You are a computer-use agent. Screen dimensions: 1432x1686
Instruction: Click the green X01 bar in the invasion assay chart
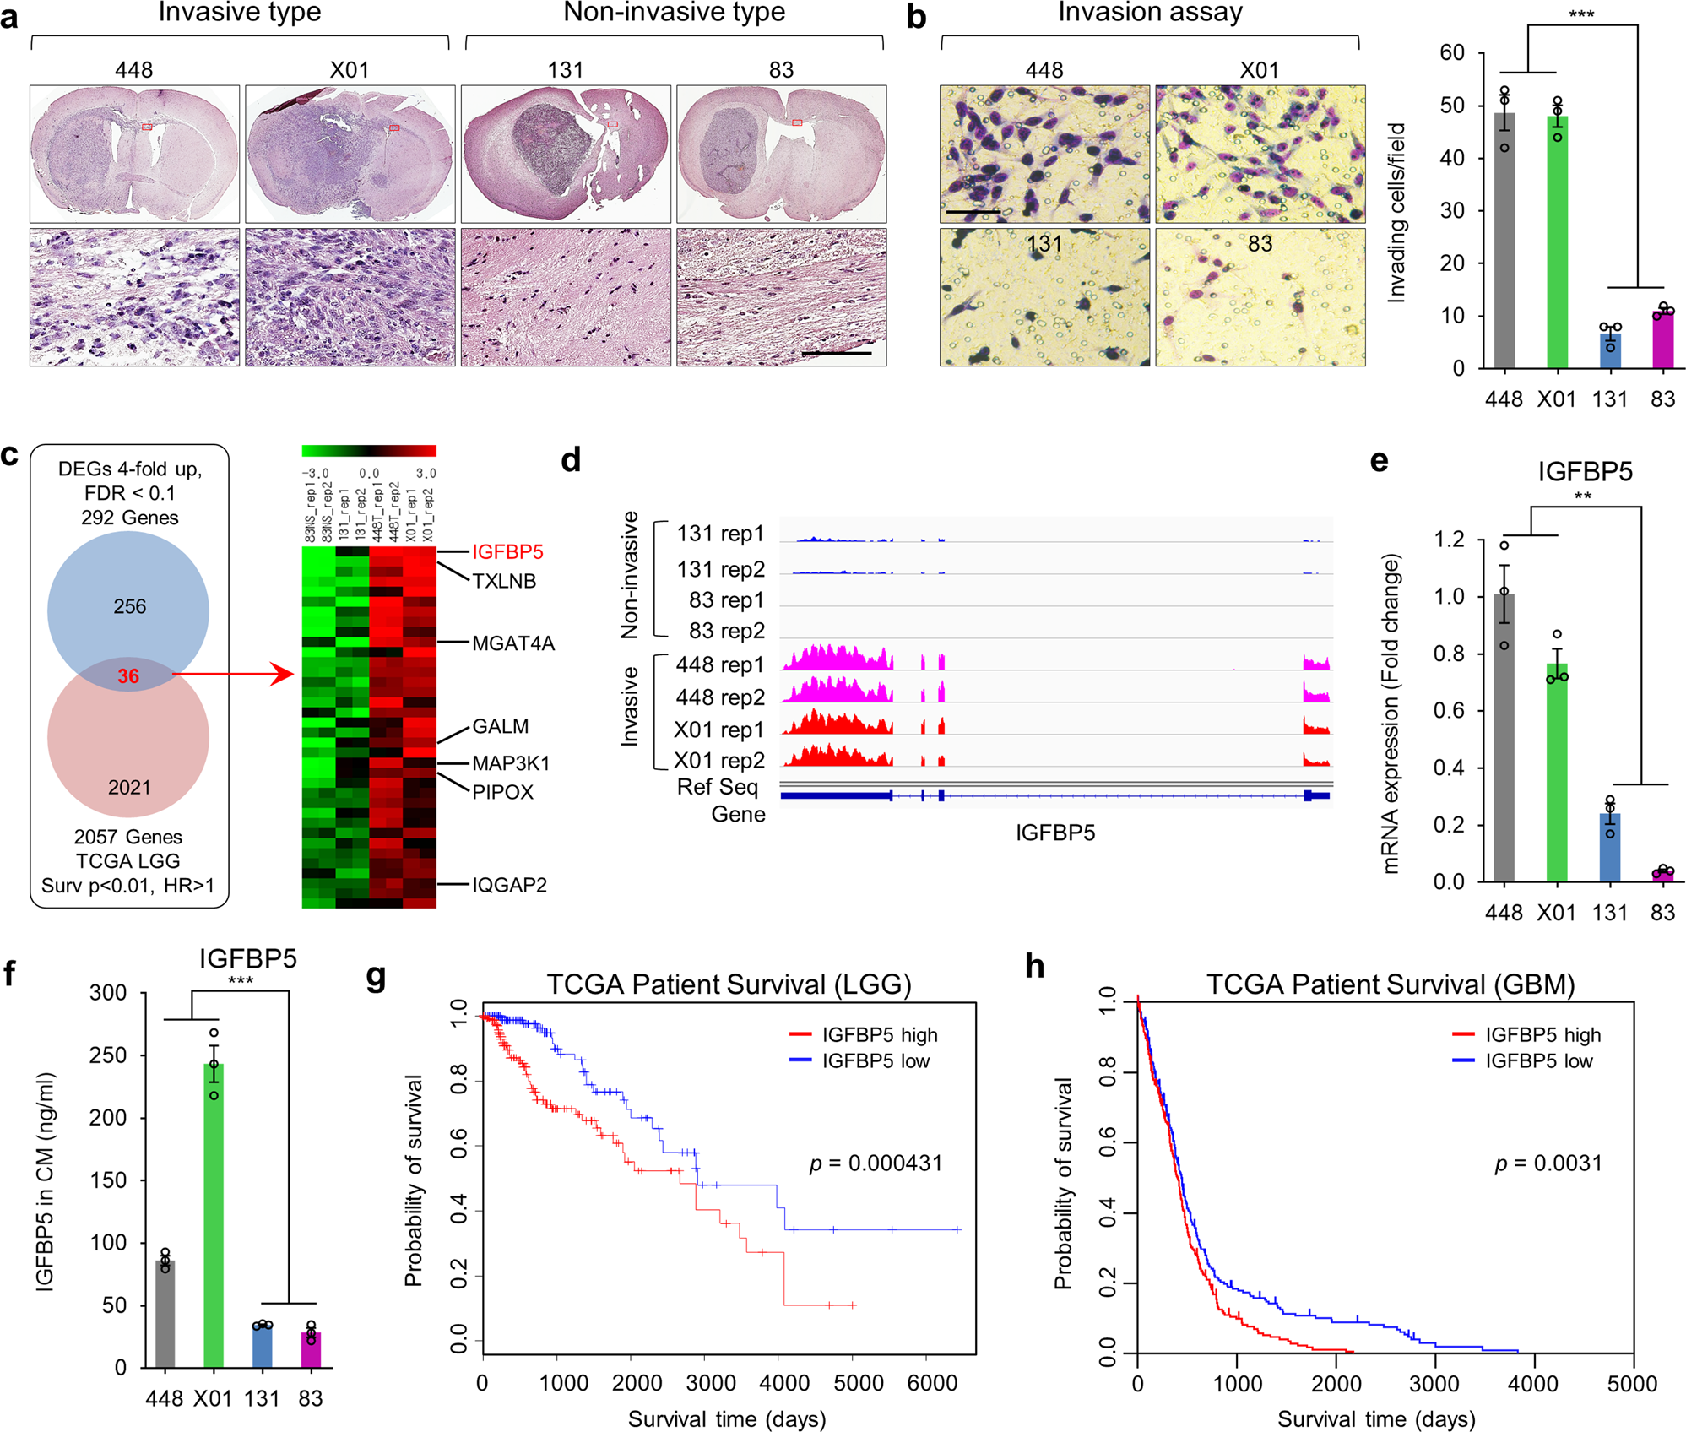click(x=1557, y=245)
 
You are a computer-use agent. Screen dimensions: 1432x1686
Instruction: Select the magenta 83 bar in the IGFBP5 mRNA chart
click(x=1662, y=875)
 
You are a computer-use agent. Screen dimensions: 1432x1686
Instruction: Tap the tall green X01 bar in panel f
click(x=214, y=1216)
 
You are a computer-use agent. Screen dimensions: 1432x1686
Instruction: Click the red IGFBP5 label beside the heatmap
click(x=507, y=551)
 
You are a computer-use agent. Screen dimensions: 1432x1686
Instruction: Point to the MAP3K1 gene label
click(x=511, y=763)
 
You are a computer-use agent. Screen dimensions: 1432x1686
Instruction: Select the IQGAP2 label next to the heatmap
click(x=509, y=885)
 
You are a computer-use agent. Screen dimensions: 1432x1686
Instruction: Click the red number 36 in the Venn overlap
click(x=128, y=676)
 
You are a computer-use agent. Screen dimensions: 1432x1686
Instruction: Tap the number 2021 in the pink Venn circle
click(x=128, y=787)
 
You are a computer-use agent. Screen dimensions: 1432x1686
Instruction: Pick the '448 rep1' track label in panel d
click(x=719, y=665)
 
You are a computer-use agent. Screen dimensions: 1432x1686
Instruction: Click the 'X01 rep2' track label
click(x=719, y=761)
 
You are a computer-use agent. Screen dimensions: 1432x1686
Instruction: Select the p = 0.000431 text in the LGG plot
click(x=876, y=1163)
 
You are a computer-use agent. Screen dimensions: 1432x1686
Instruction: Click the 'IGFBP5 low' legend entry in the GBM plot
click(x=1538, y=1061)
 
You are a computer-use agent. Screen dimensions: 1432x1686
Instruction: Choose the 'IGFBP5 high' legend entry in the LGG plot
click(x=880, y=1035)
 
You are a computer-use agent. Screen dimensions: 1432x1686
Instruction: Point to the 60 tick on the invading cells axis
click(x=1452, y=53)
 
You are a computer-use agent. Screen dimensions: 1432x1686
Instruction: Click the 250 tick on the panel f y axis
click(x=108, y=1055)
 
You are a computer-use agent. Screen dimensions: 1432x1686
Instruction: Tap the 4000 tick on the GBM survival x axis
click(x=1533, y=1384)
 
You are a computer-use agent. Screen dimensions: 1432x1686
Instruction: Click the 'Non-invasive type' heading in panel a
click(x=674, y=13)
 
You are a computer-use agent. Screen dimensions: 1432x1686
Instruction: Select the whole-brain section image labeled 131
click(x=566, y=154)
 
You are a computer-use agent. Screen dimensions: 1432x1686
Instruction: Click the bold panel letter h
click(x=1035, y=965)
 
